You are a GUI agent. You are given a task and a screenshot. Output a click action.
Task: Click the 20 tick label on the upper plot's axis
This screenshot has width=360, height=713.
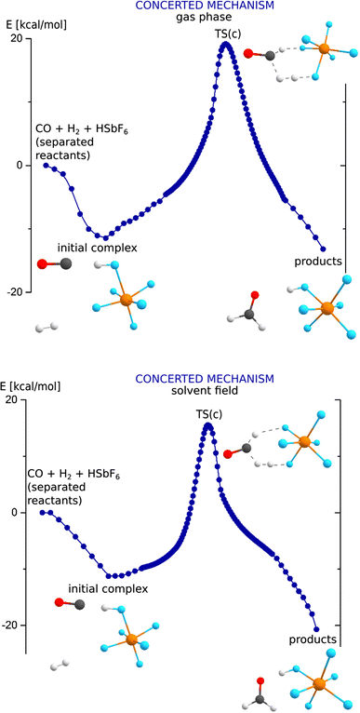click(15, 38)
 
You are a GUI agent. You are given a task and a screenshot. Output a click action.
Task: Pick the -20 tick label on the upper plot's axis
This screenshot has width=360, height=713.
click(13, 291)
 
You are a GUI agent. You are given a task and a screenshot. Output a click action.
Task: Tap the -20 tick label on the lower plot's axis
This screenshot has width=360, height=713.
click(13, 625)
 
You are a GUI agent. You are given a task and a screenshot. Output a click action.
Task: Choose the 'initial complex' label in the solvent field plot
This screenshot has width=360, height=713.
click(108, 588)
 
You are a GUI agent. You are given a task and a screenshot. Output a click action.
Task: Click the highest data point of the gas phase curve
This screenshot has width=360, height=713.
click(225, 44)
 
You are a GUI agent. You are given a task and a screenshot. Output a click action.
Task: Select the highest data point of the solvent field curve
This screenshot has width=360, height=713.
click(208, 425)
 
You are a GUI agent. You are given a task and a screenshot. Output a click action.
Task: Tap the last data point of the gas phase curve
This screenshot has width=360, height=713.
click(323, 249)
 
